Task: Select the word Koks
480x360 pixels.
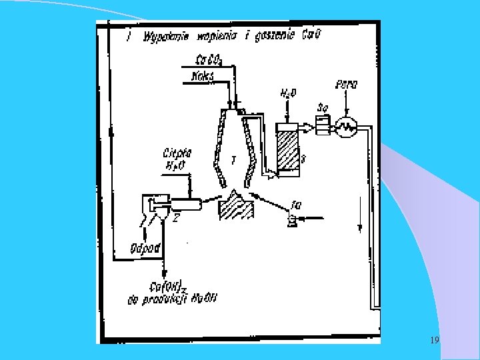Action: point(201,77)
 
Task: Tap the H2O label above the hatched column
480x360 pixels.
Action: point(288,94)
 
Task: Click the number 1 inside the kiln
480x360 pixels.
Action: point(233,160)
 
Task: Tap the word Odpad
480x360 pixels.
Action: point(145,248)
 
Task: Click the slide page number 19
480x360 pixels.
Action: point(434,341)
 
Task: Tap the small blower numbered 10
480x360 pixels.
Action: point(292,220)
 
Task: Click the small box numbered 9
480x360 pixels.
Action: point(323,125)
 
